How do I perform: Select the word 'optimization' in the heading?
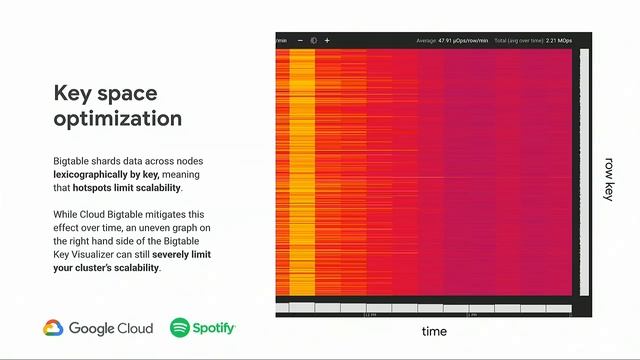[x=117, y=119]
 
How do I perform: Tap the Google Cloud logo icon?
[x=53, y=328]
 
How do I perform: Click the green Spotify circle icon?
[x=180, y=328]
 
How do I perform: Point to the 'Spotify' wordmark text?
[x=214, y=328]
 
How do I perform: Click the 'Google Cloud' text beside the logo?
[x=110, y=328]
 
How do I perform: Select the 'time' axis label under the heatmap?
[x=433, y=331]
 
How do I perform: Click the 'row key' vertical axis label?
[x=608, y=179]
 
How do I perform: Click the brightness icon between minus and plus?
[x=313, y=41]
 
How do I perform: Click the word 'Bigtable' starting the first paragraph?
[x=71, y=160]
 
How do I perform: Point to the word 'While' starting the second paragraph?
[x=65, y=214]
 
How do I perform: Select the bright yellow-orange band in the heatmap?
[x=301, y=170]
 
